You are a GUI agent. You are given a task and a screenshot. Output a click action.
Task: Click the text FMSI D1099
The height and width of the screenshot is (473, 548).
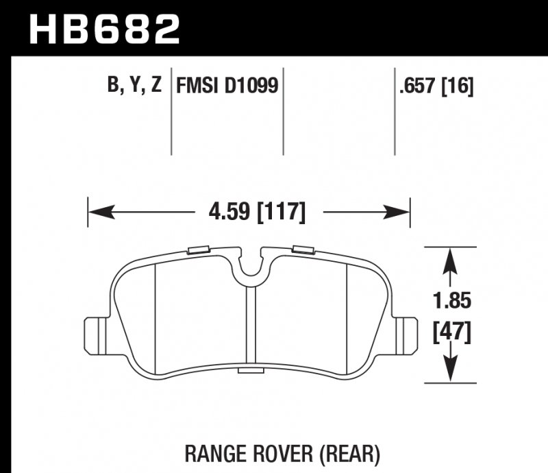227,86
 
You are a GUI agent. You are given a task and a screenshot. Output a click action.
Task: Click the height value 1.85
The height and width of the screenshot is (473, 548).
449,301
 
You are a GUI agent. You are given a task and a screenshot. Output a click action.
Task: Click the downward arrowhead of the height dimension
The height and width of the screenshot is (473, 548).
449,371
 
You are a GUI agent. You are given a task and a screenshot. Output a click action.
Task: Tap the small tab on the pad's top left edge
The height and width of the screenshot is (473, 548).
199,250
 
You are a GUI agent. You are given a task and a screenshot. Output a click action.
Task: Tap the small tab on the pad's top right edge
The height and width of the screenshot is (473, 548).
302,250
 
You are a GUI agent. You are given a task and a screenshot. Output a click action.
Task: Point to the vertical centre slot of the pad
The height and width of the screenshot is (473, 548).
250,326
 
